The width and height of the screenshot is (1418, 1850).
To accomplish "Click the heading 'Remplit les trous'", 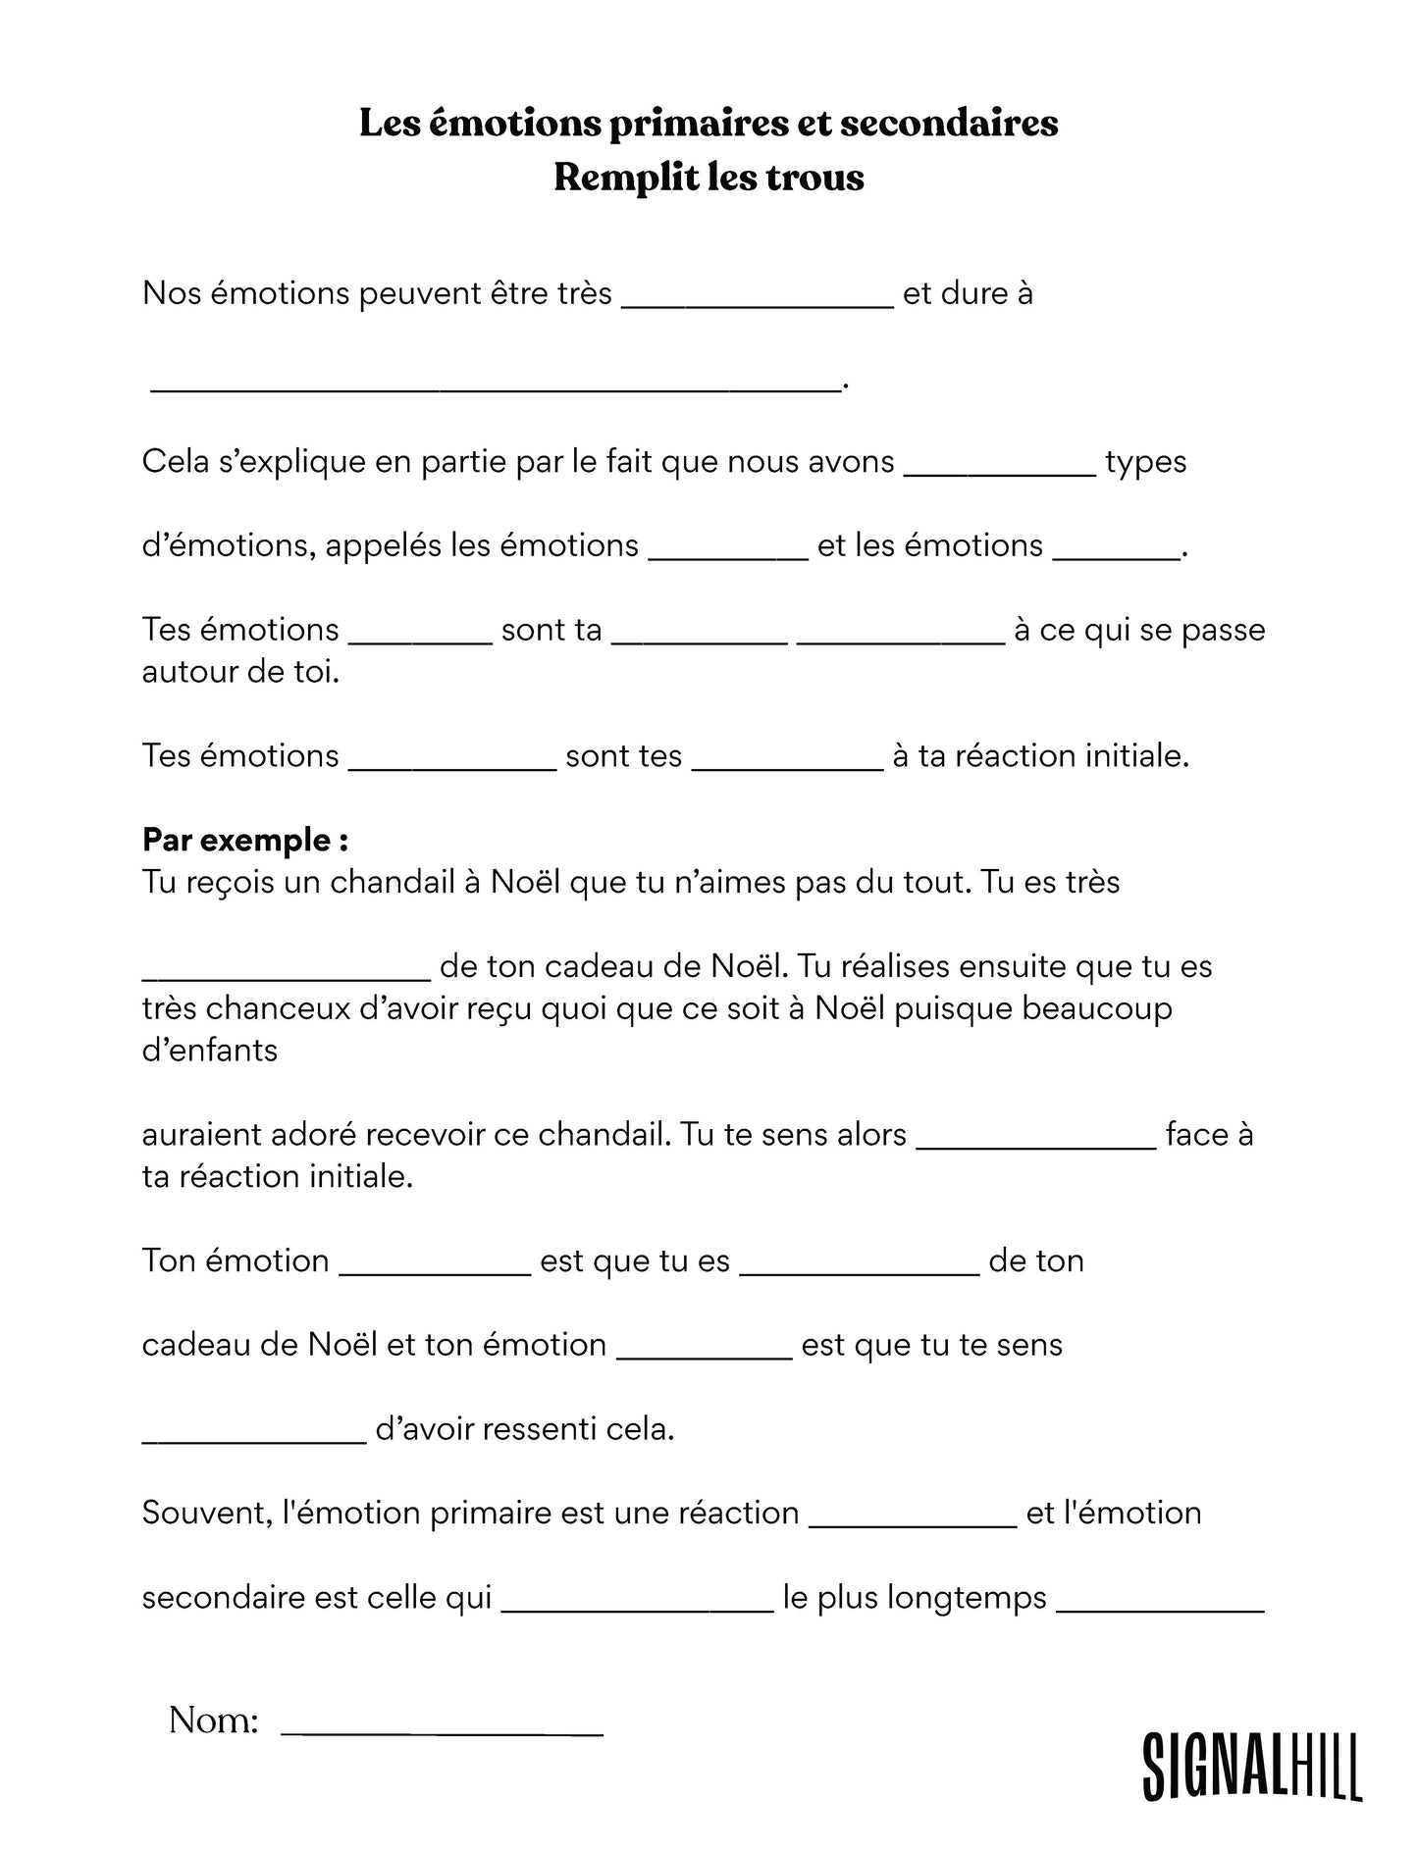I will pyautogui.click(x=709, y=178).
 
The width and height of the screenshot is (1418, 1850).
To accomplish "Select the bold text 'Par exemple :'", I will pyautogui.click(x=245, y=840).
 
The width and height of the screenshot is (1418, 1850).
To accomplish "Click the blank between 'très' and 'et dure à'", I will pyautogui.click(x=758, y=299).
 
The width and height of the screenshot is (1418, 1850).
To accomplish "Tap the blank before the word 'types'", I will pyautogui.click(x=999, y=468).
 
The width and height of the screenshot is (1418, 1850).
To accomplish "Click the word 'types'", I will pyautogui.click(x=1145, y=462).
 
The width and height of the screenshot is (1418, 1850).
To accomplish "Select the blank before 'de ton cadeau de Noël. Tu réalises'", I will pyautogui.click(x=287, y=972).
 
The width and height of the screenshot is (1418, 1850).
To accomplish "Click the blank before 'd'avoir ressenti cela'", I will pyautogui.click(x=254, y=1435).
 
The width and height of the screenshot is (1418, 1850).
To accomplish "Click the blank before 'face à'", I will pyautogui.click(x=1035, y=1141).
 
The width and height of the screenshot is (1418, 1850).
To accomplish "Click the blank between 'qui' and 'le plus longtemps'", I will pyautogui.click(x=638, y=1604).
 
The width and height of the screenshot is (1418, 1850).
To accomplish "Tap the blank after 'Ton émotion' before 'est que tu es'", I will pyautogui.click(x=435, y=1267).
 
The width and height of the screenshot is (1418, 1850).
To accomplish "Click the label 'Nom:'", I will pyautogui.click(x=213, y=1721).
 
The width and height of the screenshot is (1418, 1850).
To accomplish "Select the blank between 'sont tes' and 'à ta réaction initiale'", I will pyautogui.click(x=788, y=762).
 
